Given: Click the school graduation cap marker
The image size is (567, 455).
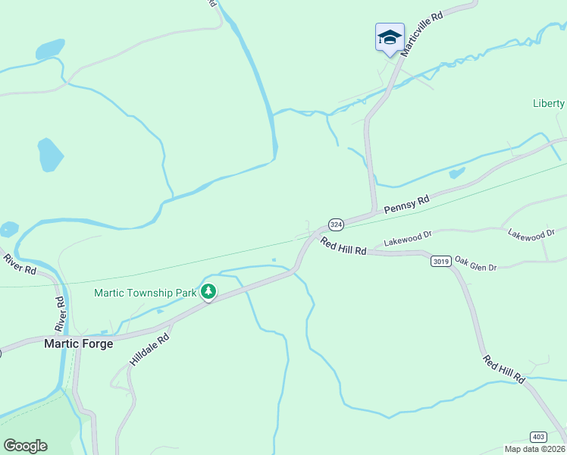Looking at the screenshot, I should (x=389, y=37).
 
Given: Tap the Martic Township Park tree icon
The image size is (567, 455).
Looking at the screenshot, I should (x=208, y=291).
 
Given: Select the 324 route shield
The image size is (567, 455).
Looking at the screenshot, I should (x=337, y=224).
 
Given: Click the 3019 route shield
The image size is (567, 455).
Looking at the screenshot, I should (x=441, y=261).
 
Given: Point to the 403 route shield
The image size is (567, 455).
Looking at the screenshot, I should (x=538, y=436).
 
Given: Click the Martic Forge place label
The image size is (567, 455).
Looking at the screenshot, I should (x=79, y=344).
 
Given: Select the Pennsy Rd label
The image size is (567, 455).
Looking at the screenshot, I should (x=406, y=204).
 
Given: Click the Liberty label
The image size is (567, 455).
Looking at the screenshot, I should (x=549, y=104).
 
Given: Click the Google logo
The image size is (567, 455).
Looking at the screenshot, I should (x=25, y=446).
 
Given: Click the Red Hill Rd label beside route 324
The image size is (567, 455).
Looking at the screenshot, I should (x=343, y=246).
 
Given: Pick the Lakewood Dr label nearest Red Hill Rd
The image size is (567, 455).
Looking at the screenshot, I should (x=407, y=239).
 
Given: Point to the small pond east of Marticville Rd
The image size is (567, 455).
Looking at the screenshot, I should (x=456, y=174).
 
